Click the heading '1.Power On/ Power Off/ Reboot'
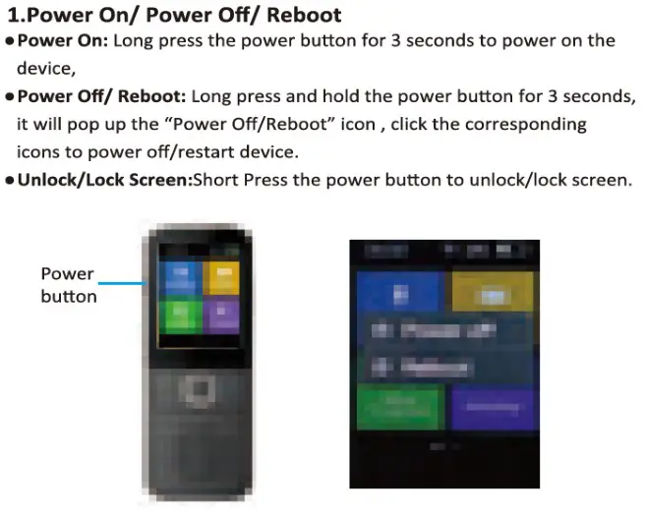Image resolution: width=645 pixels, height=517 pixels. point(174,15)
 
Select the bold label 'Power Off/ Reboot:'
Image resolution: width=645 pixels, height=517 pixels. point(101,96)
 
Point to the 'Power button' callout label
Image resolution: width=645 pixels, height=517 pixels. point(68,285)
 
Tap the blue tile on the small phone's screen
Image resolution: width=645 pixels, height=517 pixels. point(179,276)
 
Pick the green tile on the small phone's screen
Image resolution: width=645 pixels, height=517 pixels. point(179,316)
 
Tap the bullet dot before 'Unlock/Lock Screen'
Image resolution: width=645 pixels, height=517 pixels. point(9,182)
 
